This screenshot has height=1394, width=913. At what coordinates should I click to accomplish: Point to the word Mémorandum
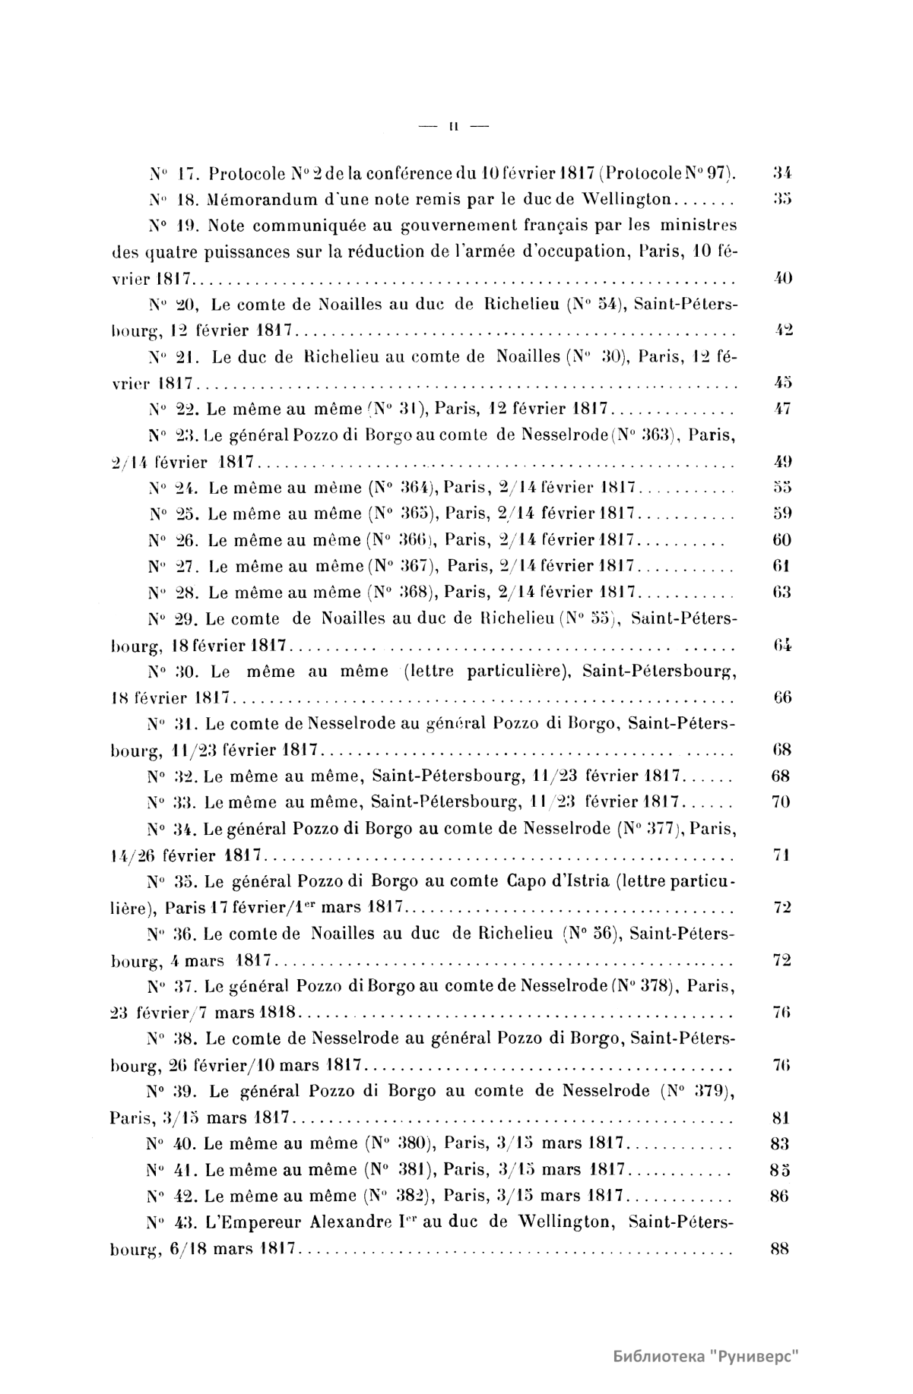(231, 200)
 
